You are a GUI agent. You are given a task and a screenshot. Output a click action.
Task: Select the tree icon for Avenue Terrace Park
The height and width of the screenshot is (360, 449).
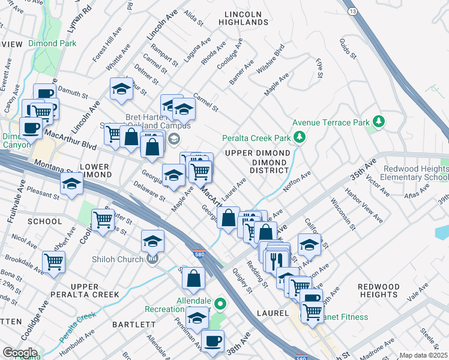(378, 122)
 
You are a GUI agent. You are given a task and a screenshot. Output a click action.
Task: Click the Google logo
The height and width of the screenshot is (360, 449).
(19, 353)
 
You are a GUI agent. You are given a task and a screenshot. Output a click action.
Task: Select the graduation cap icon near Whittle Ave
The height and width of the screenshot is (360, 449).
(121, 89)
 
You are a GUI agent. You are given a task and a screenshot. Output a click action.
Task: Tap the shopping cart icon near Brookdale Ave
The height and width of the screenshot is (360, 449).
(54, 262)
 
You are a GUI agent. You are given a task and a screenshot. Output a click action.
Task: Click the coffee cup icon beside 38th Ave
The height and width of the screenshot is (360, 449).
(212, 341)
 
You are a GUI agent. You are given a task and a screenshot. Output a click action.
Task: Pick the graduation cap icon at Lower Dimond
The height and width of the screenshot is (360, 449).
(71, 184)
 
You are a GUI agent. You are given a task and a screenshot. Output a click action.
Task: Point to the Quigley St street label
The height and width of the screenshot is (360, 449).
(241, 281)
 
